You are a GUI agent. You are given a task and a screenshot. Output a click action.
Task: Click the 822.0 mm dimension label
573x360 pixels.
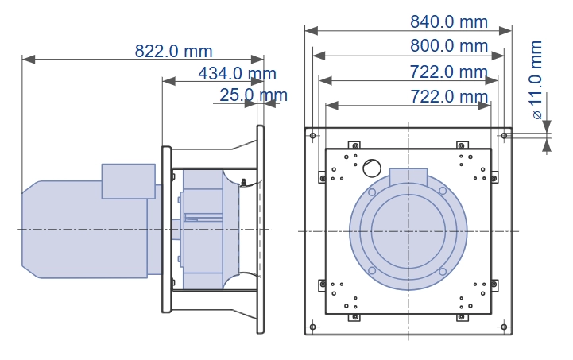click(173, 51)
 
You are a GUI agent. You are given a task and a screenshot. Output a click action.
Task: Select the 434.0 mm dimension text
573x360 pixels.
click(237, 73)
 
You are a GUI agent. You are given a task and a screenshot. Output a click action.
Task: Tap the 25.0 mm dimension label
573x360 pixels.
click(254, 95)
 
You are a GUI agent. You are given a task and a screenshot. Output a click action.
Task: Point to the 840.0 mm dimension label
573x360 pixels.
click(449, 22)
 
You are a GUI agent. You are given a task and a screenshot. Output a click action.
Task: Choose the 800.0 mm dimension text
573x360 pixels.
click(449, 46)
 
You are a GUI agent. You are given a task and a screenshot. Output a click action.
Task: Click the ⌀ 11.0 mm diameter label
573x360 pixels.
click(536, 79)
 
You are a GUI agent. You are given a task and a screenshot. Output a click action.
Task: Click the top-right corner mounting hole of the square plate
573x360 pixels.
click(504, 136)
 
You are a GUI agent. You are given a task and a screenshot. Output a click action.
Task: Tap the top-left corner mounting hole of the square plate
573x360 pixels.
click(313, 136)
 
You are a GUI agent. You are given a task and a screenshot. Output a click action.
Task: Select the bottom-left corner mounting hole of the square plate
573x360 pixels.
click(313, 327)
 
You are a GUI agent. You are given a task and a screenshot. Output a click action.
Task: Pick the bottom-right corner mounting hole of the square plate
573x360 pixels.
click(504, 327)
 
